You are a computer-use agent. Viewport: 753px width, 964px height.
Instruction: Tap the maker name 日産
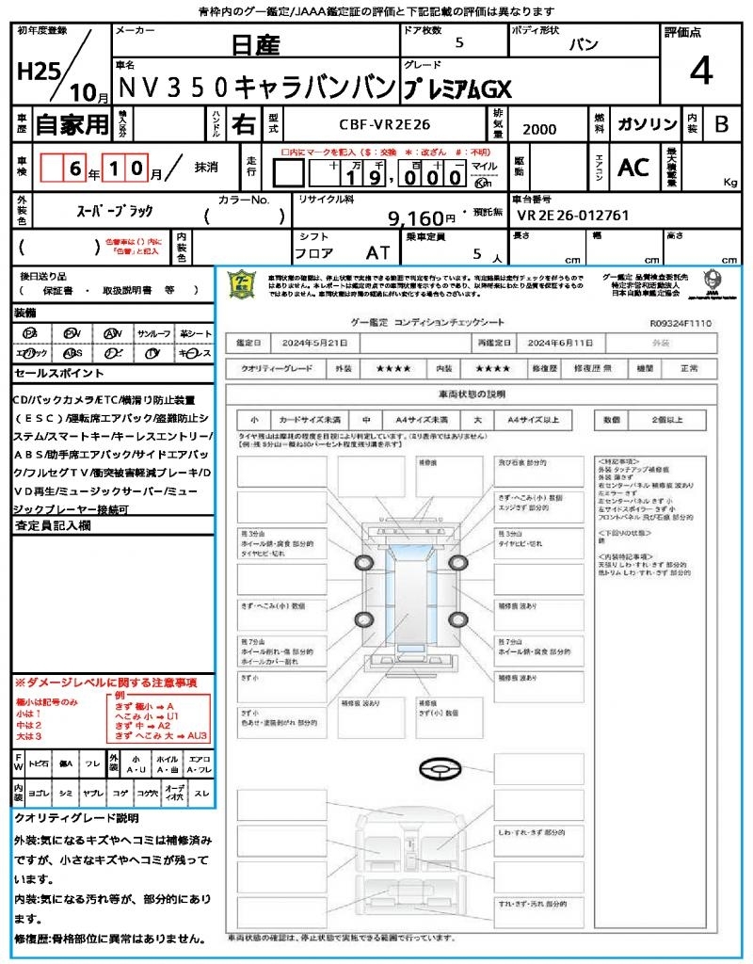coord(255,44)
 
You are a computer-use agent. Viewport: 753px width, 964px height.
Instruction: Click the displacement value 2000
coord(538,129)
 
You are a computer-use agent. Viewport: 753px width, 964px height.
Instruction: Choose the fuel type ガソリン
coord(647,124)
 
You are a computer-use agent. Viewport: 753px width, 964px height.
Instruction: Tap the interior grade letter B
coord(721,124)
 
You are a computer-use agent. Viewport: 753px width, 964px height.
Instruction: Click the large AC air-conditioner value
coord(633,167)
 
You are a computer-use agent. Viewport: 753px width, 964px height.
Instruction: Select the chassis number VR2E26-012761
coord(573,216)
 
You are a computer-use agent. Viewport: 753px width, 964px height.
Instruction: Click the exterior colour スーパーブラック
coord(114,211)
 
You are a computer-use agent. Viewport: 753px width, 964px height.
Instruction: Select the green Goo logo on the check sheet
coord(241,284)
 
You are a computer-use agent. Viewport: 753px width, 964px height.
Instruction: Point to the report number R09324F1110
coord(681,323)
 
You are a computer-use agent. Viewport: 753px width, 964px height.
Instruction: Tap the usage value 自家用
coord(72,124)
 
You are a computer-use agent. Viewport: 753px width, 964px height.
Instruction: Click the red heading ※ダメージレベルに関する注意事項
coord(105,682)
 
